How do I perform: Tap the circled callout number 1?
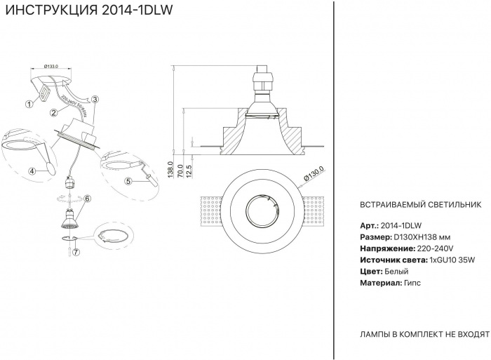[29, 104]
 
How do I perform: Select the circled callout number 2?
[53, 113]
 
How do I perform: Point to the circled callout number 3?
[95, 100]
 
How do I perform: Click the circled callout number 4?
[32, 170]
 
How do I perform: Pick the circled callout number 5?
[128, 180]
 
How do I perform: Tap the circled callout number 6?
[88, 199]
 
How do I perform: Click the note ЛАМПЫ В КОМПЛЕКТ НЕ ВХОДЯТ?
[424, 334]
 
